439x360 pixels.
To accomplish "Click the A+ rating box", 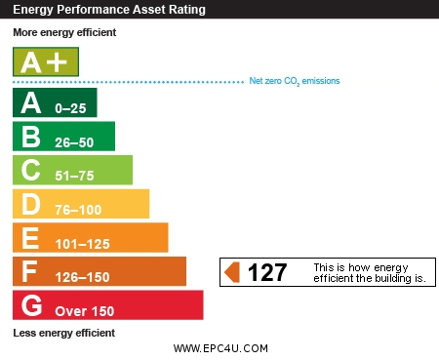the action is (x=46, y=61).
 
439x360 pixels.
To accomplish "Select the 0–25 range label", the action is (x=70, y=108).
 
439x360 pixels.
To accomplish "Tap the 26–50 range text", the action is (x=74, y=142).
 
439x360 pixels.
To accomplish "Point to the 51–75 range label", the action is (x=74, y=176).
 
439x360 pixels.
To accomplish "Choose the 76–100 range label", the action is (x=78, y=210).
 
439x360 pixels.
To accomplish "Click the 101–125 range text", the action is (x=83, y=244).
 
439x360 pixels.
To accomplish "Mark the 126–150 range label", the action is (x=83, y=277).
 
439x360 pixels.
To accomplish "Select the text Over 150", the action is (x=85, y=311).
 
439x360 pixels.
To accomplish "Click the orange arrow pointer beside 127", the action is (x=232, y=272).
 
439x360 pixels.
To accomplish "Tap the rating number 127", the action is (x=267, y=272).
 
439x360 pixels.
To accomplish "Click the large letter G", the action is (x=31, y=305).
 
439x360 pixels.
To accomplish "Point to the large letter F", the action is (x=29, y=271).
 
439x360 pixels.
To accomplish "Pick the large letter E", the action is (x=30, y=238).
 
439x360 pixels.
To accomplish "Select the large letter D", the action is (x=31, y=204).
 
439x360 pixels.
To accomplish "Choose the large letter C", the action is (x=31, y=170).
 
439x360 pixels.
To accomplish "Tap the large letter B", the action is (x=31, y=137).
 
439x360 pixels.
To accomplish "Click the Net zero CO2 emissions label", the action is (x=295, y=81).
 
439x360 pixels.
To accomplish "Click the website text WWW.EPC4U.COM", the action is (x=220, y=348).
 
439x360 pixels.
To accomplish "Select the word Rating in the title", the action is (x=187, y=10).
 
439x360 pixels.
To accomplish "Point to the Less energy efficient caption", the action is (x=64, y=333).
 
